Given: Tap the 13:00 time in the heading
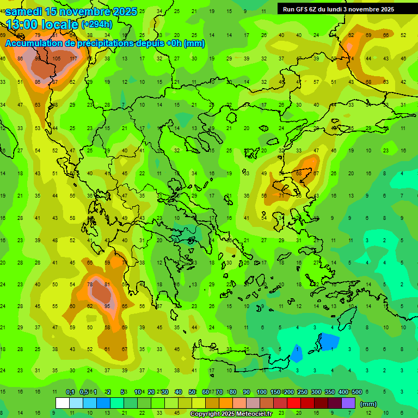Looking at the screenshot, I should pos(23,24).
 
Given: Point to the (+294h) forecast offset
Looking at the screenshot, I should pos(97,24).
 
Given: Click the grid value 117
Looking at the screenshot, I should pos(73,59).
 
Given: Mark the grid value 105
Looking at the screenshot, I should pos(57,59).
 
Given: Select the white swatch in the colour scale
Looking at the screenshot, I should pos(63,403).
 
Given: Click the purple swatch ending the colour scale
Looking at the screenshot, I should pos(348,403).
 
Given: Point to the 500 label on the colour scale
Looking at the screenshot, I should pos(357,392).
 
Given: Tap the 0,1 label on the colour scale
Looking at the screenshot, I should pos(70,392).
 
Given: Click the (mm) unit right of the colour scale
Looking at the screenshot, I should pos(368,404).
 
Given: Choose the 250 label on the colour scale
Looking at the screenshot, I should pos(303,392).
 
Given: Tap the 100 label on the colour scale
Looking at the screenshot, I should pos(262,392).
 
